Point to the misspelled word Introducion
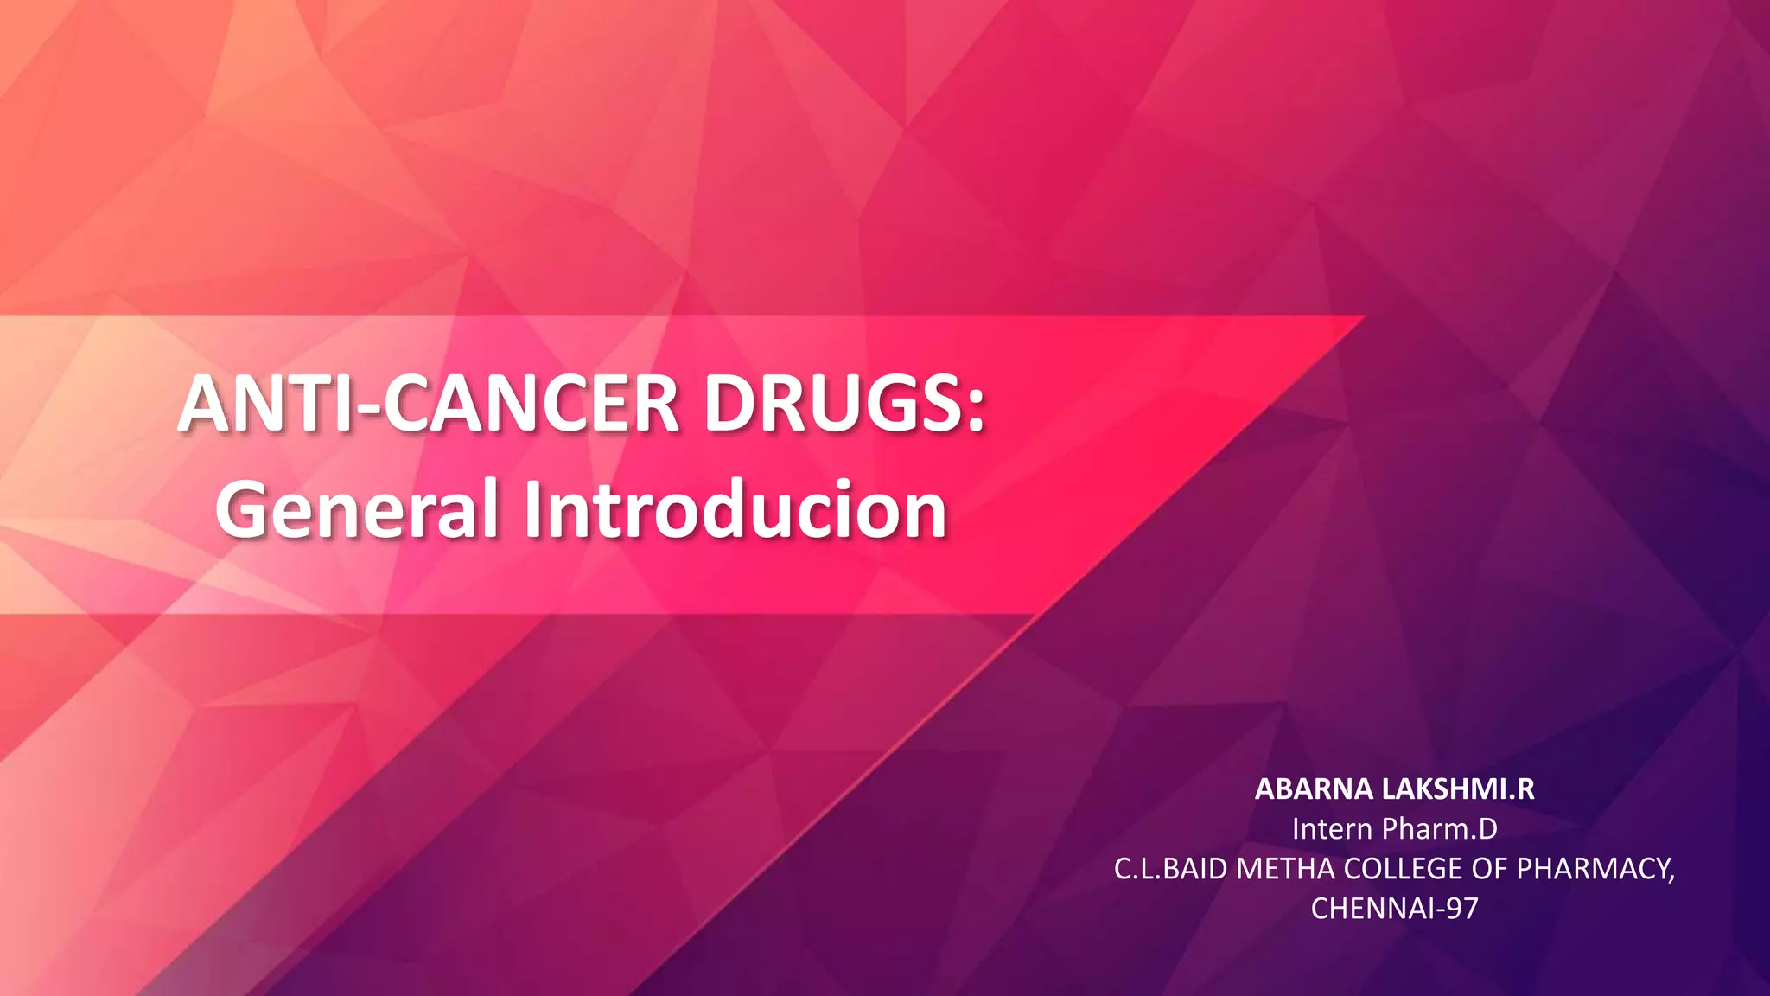coord(735,510)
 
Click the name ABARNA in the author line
coord(1314,789)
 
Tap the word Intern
coord(1332,829)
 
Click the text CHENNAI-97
coord(1394,909)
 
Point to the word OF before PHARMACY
coord(1490,869)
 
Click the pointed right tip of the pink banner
coord(1362,318)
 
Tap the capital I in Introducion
coord(532,510)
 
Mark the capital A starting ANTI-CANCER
coord(206,404)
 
